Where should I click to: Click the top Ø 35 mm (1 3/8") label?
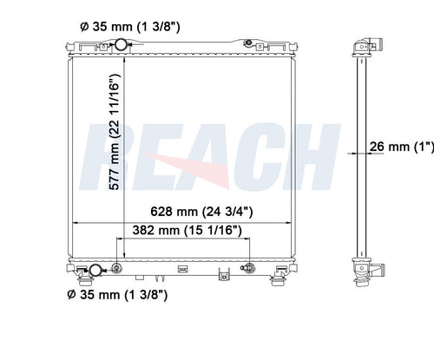[x=130, y=27]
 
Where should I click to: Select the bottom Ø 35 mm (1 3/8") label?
[x=117, y=295]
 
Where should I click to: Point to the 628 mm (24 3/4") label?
[x=201, y=212]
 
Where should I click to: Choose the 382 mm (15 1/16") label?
[x=187, y=230]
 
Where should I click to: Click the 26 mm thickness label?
[x=402, y=147]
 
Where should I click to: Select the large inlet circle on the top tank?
[x=121, y=44]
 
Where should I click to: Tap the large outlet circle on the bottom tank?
[x=95, y=271]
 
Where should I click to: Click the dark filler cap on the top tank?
[x=248, y=43]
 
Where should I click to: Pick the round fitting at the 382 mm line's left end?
[x=116, y=268]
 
